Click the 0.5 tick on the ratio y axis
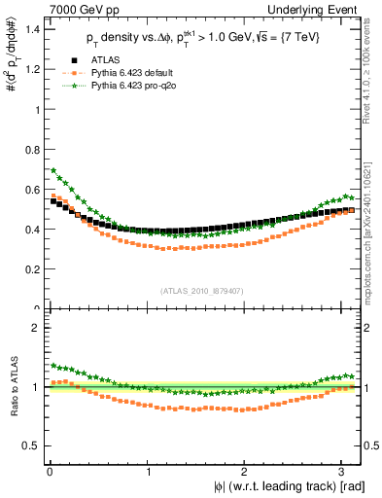(x=33, y=445)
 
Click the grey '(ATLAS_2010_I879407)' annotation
(x=203, y=289)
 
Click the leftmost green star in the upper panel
(x=52, y=170)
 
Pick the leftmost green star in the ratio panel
(x=52, y=366)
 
